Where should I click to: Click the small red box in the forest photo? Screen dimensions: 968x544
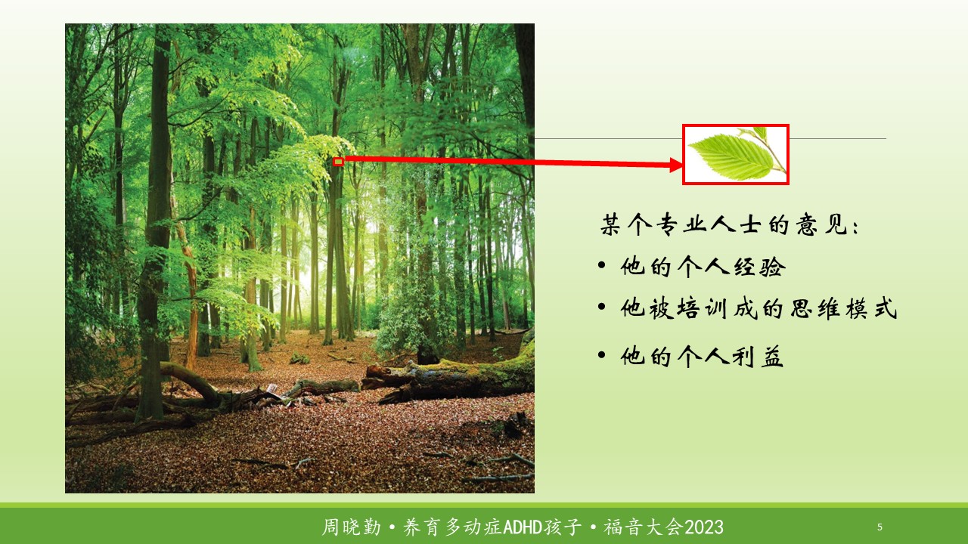pos(338,162)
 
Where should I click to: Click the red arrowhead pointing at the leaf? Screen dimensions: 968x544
pos(676,165)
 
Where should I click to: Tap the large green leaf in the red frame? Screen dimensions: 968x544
pos(731,156)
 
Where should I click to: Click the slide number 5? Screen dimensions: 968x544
pos(880,527)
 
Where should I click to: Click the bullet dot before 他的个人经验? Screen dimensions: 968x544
pos(601,265)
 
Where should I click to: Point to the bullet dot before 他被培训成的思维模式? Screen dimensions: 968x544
pos(601,307)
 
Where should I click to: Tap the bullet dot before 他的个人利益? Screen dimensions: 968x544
pos(601,355)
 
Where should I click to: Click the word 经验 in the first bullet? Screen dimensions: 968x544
pos(759,267)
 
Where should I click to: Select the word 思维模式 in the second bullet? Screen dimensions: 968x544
pos(843,308)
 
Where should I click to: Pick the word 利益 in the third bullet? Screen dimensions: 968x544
pos(758,357)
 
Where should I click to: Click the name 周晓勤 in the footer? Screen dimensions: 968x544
pos(352,527)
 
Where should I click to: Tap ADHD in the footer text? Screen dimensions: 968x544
pos(523,527)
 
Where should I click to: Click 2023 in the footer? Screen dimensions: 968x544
pos(704,527)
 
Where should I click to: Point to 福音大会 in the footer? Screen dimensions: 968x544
pos(644,527)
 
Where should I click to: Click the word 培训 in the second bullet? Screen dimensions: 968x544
pos(703,308)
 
